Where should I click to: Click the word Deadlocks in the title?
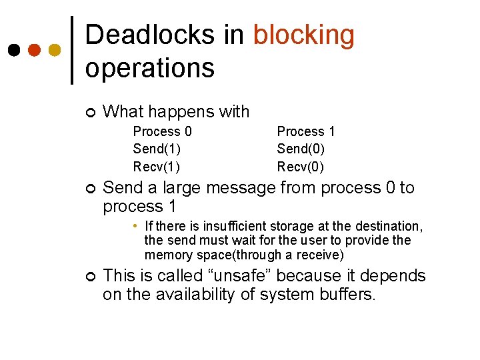click(x=151, y=35)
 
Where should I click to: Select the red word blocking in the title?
click(x=304, y=35)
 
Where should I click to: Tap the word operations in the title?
click(x=150, y=67)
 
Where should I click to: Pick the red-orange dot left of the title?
click(x=34, y=50)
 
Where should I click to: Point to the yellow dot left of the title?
click(x=55, y=50)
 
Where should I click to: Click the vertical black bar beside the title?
click(x=72, y=50)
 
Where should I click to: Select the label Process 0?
click(x=162, y=131)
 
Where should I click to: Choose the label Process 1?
click(x=306, y=131)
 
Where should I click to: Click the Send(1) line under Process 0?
click(x=157, y=149)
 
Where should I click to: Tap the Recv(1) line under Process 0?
click(x=157, y=166)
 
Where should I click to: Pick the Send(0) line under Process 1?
click(x=301, y=149)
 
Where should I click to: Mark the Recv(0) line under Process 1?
click(x=301, y=166)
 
